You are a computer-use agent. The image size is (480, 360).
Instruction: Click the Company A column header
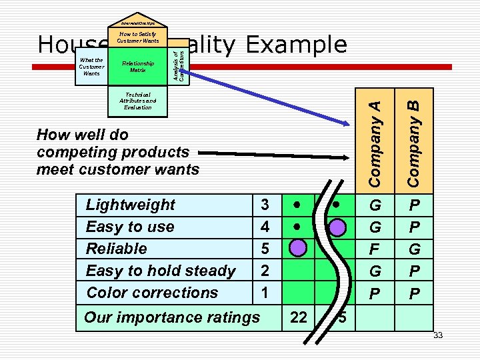point(375,143)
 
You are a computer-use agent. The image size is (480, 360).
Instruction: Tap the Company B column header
point(413,143)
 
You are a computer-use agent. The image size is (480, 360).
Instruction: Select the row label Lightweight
point(130,205)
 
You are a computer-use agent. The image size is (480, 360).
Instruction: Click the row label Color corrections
point(152,293)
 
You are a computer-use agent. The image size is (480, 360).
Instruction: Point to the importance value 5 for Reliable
point(265,249)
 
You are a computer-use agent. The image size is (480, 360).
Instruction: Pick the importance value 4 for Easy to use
point(265,227)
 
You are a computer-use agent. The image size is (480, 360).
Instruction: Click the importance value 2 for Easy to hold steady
point(265,271)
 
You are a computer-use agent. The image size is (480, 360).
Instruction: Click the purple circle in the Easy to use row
point(338,227)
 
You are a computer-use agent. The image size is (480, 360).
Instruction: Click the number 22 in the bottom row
point(299,318)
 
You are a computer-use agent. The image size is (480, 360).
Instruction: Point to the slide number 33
point(438,335)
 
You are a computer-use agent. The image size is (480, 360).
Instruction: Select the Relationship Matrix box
point(138,67)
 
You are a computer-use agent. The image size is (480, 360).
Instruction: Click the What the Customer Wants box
point(91,67)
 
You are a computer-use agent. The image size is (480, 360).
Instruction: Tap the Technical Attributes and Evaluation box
point(138,101)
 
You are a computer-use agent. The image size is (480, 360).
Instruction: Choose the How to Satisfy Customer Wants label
point(139,37)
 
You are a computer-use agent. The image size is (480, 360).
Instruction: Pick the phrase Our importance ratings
point(171,318)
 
